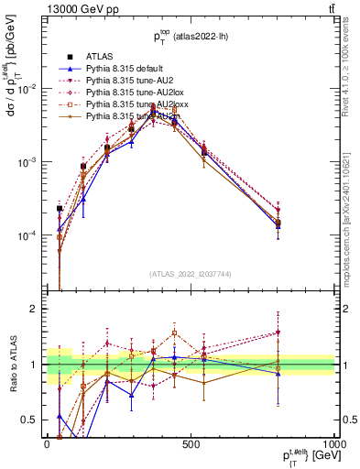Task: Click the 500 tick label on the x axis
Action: (191, 443)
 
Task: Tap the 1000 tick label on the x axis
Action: (333, 443)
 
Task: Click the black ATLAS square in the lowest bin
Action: (60, 209)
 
